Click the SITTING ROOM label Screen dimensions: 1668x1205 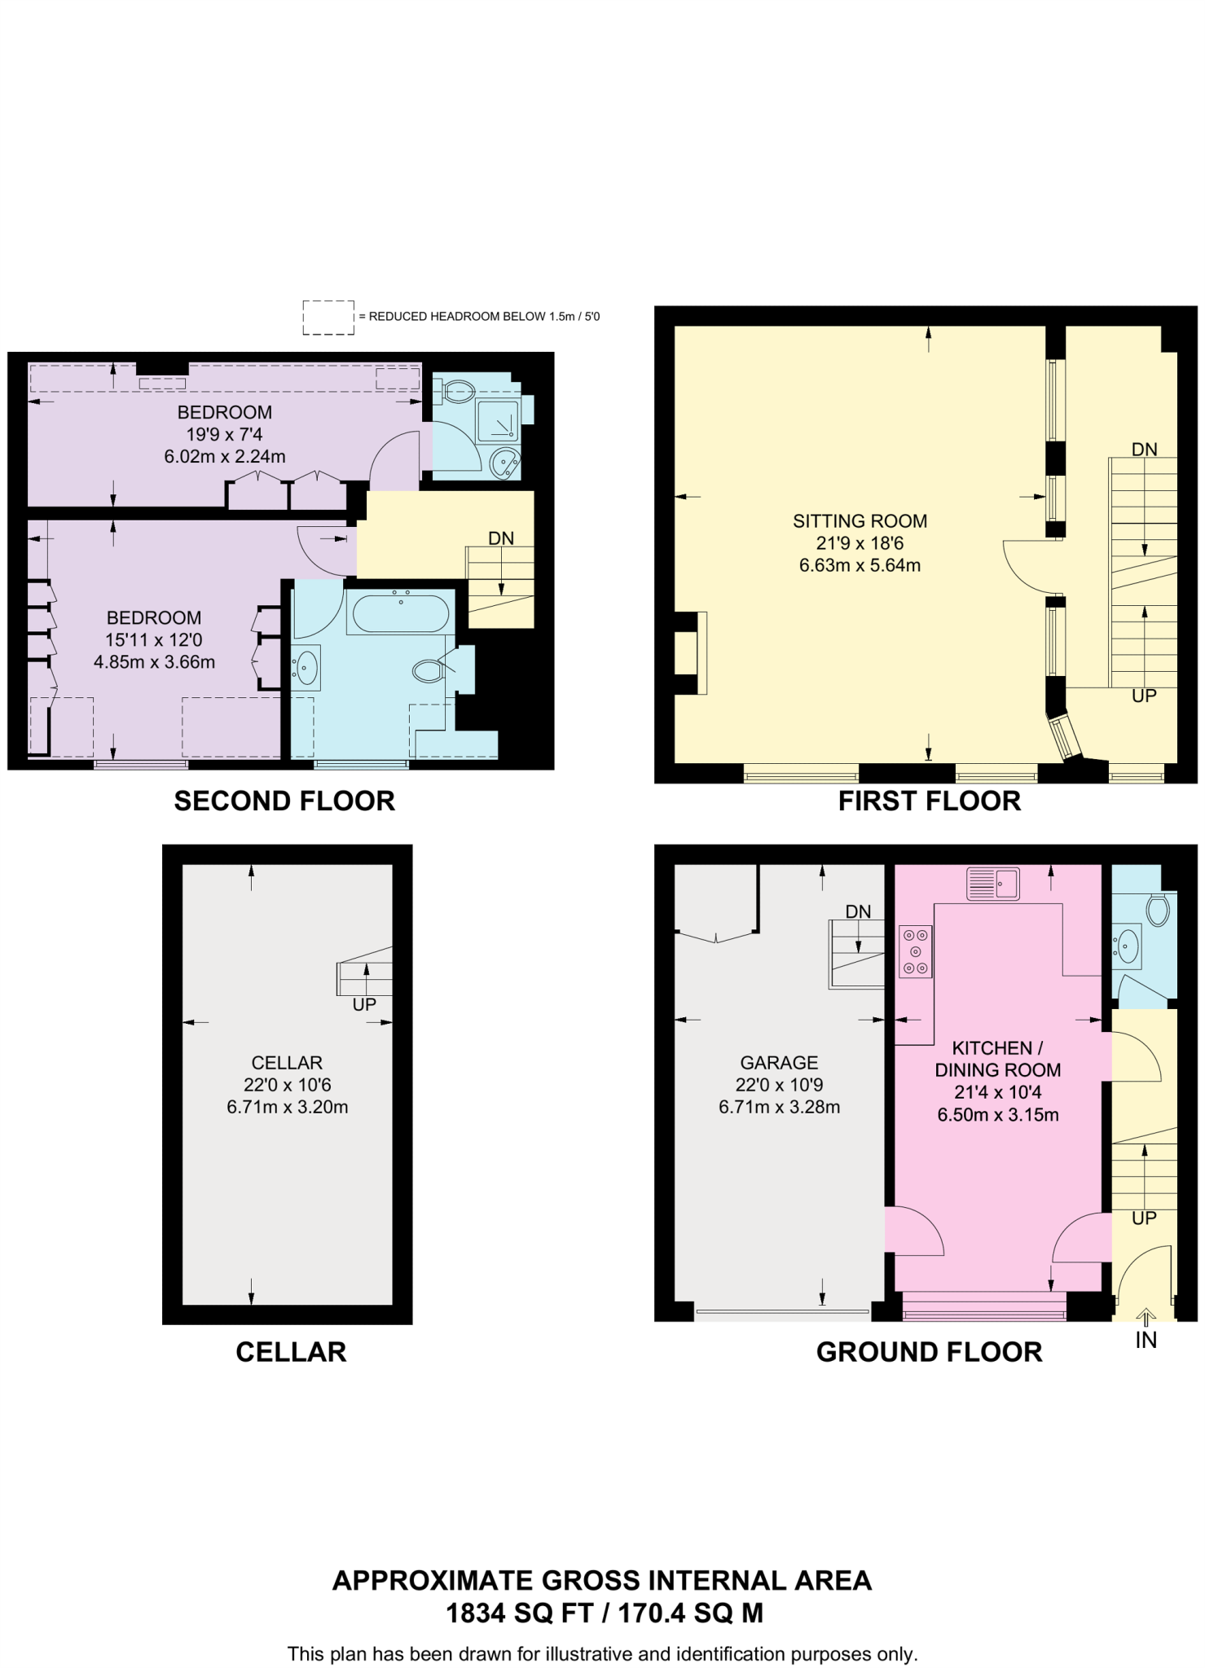(x=860, y=521)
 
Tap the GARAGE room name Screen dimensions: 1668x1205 (x=779, y=1062)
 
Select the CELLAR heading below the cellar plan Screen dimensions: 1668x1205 (x=291, y=1351)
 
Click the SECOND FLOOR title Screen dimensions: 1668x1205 (x=284, y=801)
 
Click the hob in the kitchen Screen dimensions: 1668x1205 (x=915, y=951)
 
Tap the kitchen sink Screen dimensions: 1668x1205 (x=992, y=884)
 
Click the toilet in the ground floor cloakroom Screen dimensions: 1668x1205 (x=1157, y=910)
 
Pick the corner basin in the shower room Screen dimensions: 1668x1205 (x=505, y=463)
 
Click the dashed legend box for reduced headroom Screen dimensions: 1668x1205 (x=328, y=317)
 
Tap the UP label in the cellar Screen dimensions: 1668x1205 (x=364, y=1004)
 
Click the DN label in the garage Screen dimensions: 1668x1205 (x=858, y=911)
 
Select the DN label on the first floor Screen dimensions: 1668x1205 (x=1144, y=449)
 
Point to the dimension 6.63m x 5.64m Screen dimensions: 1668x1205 (x=860, y=565)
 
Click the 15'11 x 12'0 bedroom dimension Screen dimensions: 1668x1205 (x=154, y=640)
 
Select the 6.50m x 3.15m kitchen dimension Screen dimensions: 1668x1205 (x=997, y=1115)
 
